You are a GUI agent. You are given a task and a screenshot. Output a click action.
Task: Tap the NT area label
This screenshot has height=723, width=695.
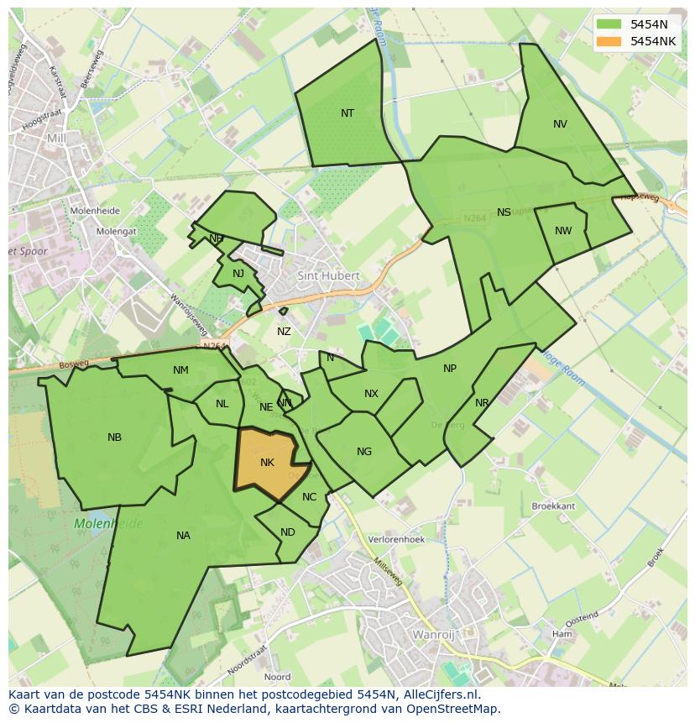click(x=347, y=113)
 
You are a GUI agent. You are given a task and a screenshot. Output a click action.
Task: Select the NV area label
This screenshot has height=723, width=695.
click(x=560, y=124)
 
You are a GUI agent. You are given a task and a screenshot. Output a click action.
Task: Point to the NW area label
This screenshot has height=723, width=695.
click(x=563, y=231)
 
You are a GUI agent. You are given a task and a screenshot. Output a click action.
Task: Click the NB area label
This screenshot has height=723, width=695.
click(x=115, y=437)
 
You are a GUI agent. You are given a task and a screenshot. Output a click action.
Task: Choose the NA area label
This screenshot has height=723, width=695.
click(x=183, y=536)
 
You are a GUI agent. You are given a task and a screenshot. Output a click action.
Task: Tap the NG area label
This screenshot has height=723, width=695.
click(x=363, y=452)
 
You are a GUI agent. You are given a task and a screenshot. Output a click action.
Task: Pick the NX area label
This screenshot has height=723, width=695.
click(x=371, y=394)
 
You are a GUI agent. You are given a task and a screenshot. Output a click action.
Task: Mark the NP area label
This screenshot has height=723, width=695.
click(x=450, y=369)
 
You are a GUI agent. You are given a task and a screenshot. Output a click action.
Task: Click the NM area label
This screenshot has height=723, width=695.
click(x=180, y=370)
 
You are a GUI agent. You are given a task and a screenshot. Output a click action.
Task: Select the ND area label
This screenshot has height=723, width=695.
click(x=288, y=532)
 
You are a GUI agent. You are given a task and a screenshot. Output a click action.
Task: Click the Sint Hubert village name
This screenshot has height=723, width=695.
click(x=328, y=275)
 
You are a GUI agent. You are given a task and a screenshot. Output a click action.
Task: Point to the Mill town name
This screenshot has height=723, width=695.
click(x=56, y=138)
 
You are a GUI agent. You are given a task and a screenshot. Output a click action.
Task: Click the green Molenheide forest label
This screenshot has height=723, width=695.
click(x=108, y=524)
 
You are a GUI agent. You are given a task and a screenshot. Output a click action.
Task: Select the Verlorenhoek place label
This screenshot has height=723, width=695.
click(x=397, y=540)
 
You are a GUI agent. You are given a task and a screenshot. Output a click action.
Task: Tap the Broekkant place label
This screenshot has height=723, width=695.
click(x=553, y=506)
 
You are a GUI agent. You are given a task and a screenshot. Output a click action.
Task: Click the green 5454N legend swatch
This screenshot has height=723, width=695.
click(x=609, y=24)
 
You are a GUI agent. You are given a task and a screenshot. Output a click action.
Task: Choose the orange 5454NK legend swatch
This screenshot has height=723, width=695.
click(x=609, y=41)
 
